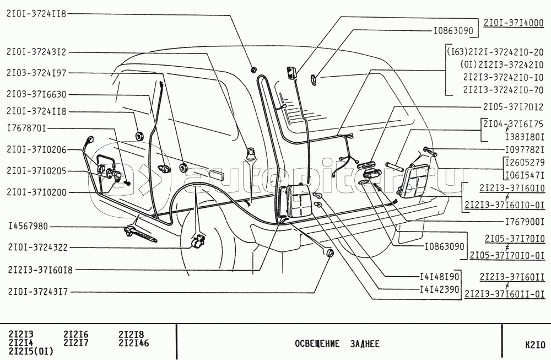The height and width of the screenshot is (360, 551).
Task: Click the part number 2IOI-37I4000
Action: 514,23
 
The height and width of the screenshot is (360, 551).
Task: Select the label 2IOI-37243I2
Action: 36,52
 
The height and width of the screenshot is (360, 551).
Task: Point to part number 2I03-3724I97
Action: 36,72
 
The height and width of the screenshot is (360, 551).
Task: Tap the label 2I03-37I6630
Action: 36,94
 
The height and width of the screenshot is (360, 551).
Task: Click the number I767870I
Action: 26,128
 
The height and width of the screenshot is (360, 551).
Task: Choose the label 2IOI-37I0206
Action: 36,149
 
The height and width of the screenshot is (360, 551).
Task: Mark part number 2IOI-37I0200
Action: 36,192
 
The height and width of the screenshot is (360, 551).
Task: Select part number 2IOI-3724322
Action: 36,248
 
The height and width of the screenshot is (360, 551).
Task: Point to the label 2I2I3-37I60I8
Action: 40,270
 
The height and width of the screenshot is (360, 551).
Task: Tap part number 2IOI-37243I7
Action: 36,292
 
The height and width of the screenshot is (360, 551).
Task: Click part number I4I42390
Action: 439,288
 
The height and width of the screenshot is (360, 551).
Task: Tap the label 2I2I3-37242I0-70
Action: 503,90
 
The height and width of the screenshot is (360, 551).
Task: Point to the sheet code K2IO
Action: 534,346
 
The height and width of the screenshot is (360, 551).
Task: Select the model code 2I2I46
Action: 134,343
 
